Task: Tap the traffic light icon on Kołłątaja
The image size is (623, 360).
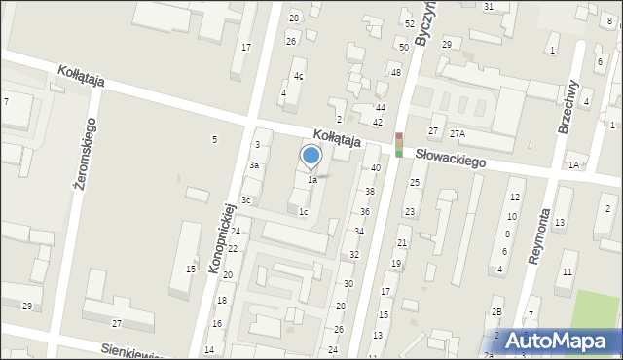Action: pos(398,144)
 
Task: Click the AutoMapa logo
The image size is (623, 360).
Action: pos(549,341)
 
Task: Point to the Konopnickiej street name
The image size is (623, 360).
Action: pos(225,238)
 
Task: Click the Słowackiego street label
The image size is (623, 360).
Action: pos(450,157)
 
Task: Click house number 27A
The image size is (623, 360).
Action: pos(457,133)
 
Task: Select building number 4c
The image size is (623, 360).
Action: pos(299,76)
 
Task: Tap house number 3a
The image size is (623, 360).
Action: pos(253,165)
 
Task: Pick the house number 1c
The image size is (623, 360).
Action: pos(304,211)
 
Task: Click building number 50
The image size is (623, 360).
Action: pos(403,48)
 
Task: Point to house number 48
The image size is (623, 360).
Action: pos(396,73)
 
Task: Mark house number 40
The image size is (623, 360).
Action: pos(375,168)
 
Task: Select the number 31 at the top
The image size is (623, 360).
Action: pos(489,7)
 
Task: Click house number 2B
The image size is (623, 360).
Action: pos(496,311)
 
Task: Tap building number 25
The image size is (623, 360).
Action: pos(414,183)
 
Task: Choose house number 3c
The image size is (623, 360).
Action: pos(247,200)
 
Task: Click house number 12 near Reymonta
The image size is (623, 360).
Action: pos(515,198)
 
